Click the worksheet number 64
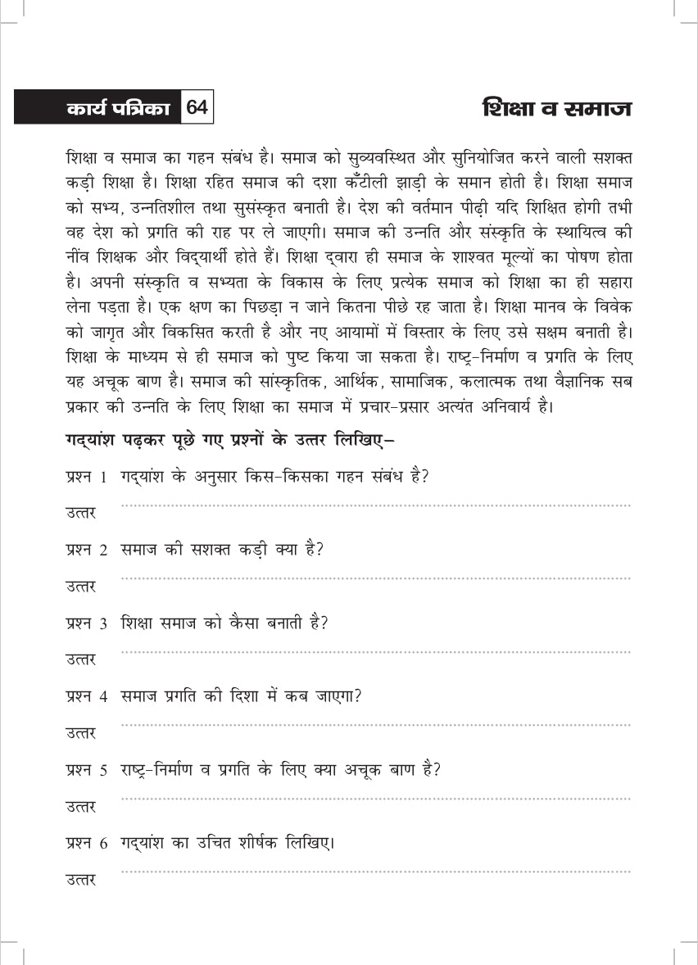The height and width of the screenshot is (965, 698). click(x=197, y=108)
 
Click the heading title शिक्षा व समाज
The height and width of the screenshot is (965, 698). click(x=558, y=108)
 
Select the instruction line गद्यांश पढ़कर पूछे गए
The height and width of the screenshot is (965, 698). click(x=229, y=441)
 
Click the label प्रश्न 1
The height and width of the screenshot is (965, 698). click(x=87, y=478)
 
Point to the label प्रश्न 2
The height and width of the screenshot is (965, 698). click(x=87, y=550)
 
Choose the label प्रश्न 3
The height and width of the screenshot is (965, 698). click(x=87, y=623)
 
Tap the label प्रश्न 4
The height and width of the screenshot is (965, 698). click(x=87, y=697)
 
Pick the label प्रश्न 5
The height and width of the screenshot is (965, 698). click(x=87, y=770)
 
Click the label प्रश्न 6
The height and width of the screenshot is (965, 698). click(x=87, y=843)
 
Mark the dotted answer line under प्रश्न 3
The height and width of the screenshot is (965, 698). click(x=375, y=652)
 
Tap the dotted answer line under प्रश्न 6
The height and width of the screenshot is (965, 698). click(x=375, y=872)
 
